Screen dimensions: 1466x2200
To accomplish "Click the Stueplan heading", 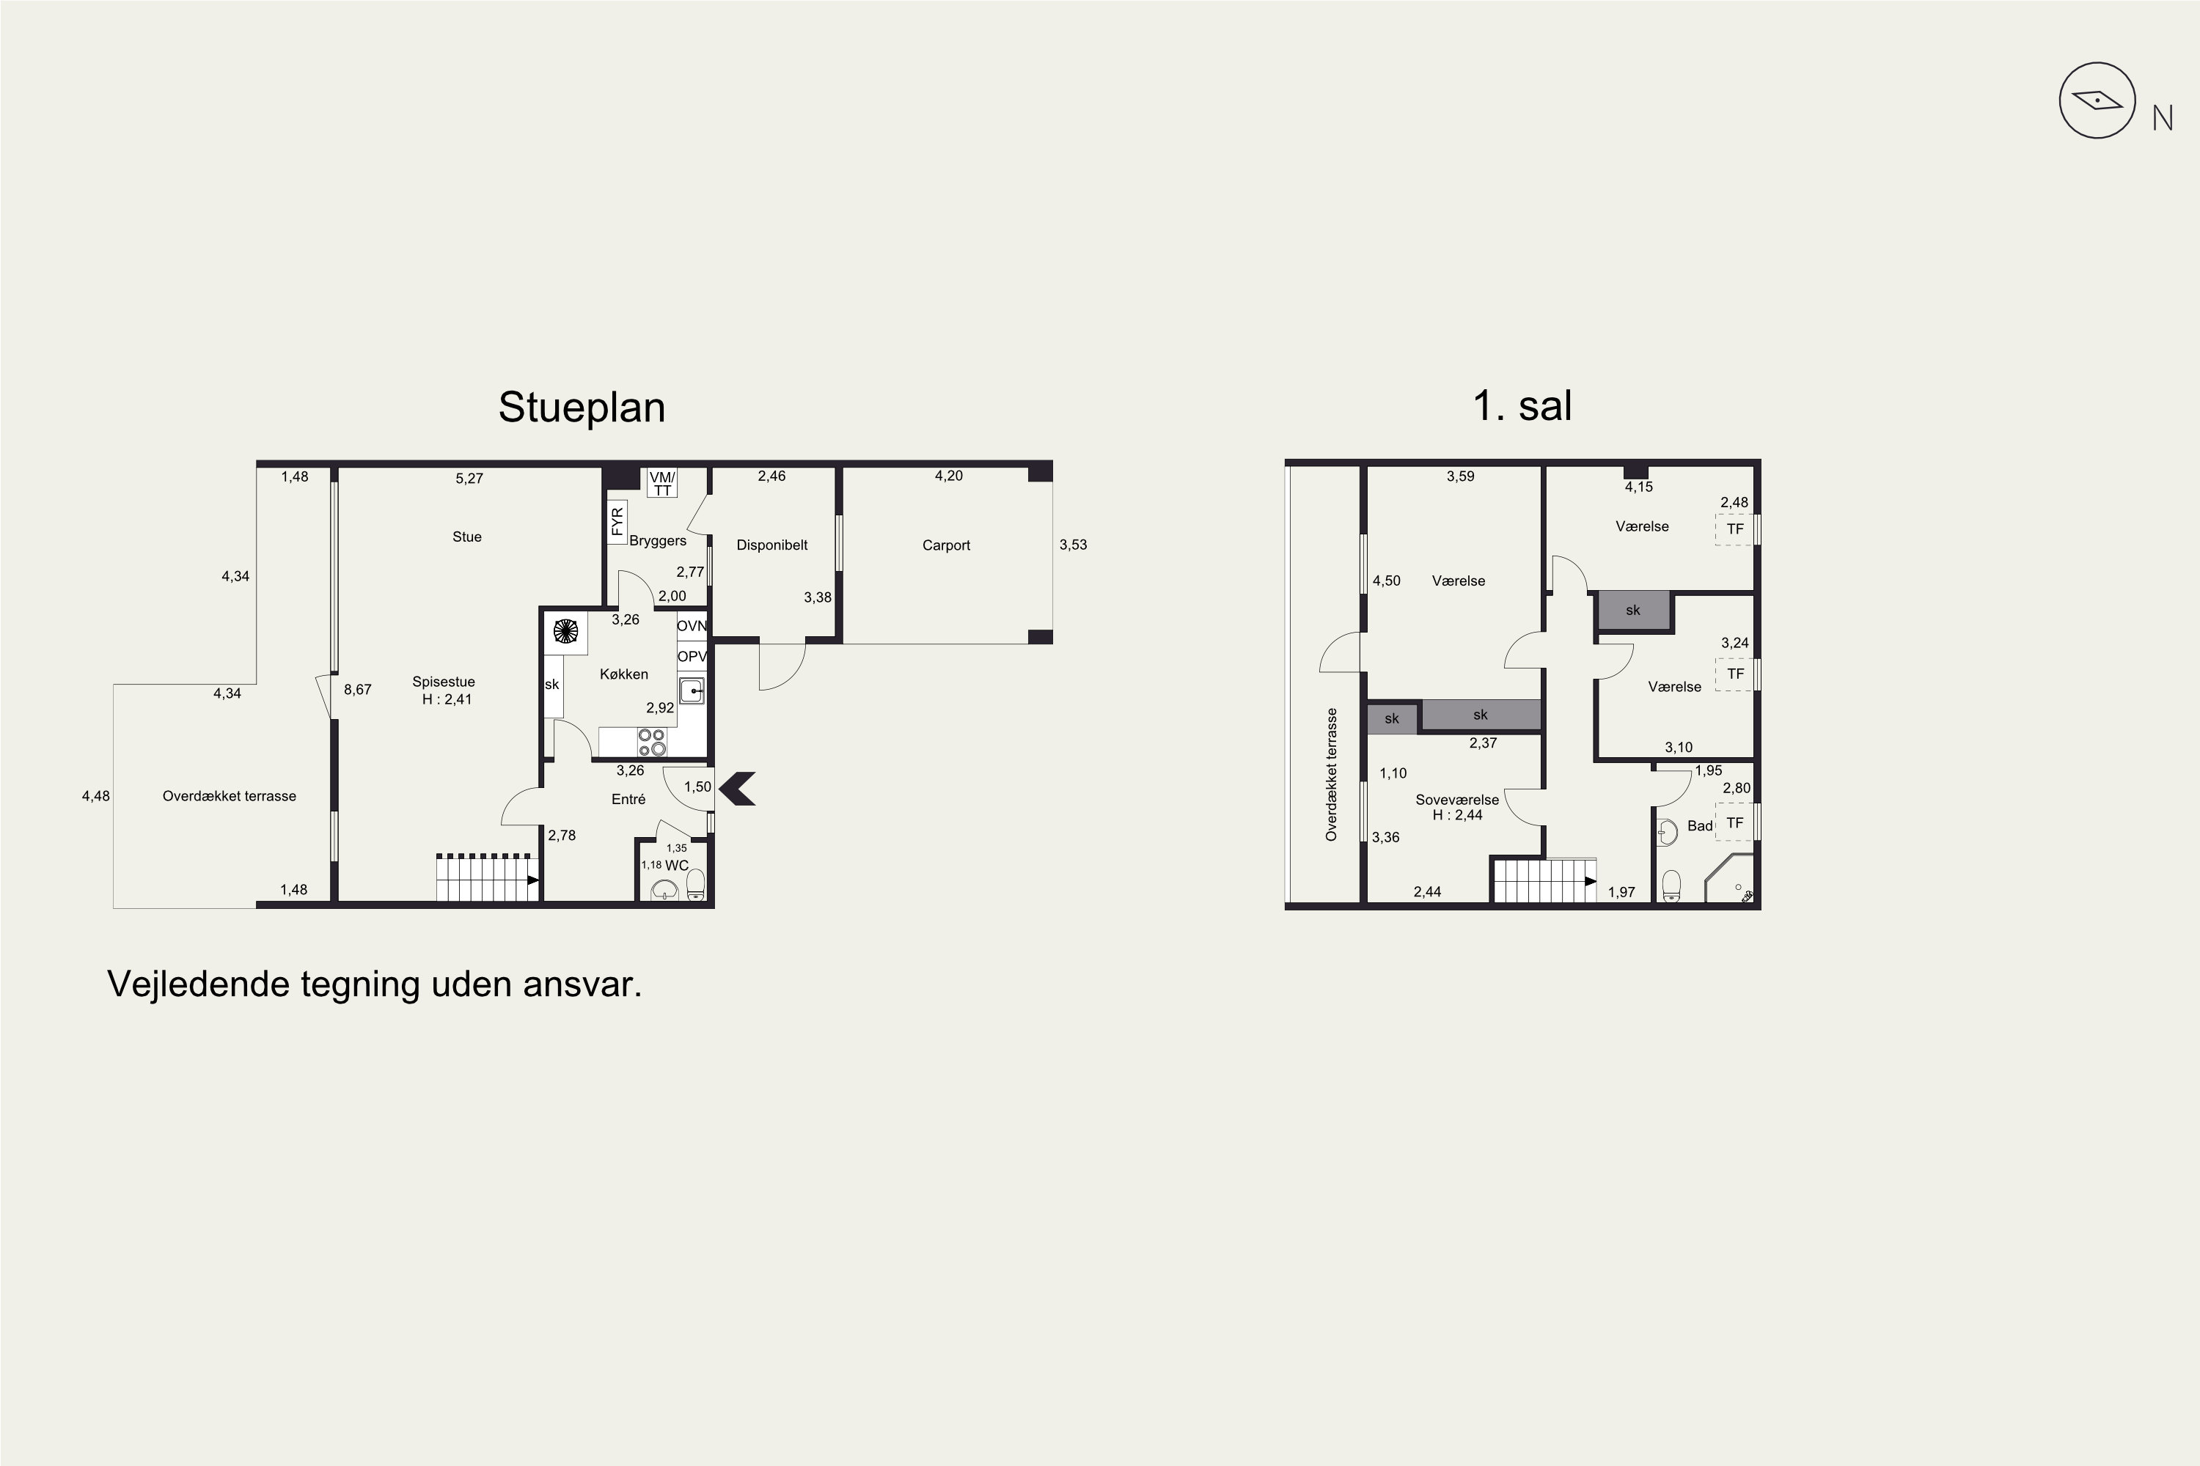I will (x=581, y=408).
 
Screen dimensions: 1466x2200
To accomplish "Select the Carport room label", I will (x=946, y=545).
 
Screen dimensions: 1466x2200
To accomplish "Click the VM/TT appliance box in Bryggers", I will (x=662, y=483).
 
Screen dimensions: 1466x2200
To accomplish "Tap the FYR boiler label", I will (x=617, y=522).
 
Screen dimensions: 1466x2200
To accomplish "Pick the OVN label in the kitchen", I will (x=692, y=625).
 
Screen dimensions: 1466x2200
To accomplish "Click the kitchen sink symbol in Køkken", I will (x=692, y=691).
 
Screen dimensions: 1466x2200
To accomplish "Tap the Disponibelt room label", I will (x=771, y=545).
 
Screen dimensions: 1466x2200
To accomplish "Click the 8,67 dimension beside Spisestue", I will (x=357, y=690).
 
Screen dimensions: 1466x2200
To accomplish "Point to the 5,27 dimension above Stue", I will (x=469, y=479).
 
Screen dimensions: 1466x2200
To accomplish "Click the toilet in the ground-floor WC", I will (x=695, y=885).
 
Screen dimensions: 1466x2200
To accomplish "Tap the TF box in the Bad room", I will (x=1735, y=822).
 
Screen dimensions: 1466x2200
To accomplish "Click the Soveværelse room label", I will (x=1456, y=800).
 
